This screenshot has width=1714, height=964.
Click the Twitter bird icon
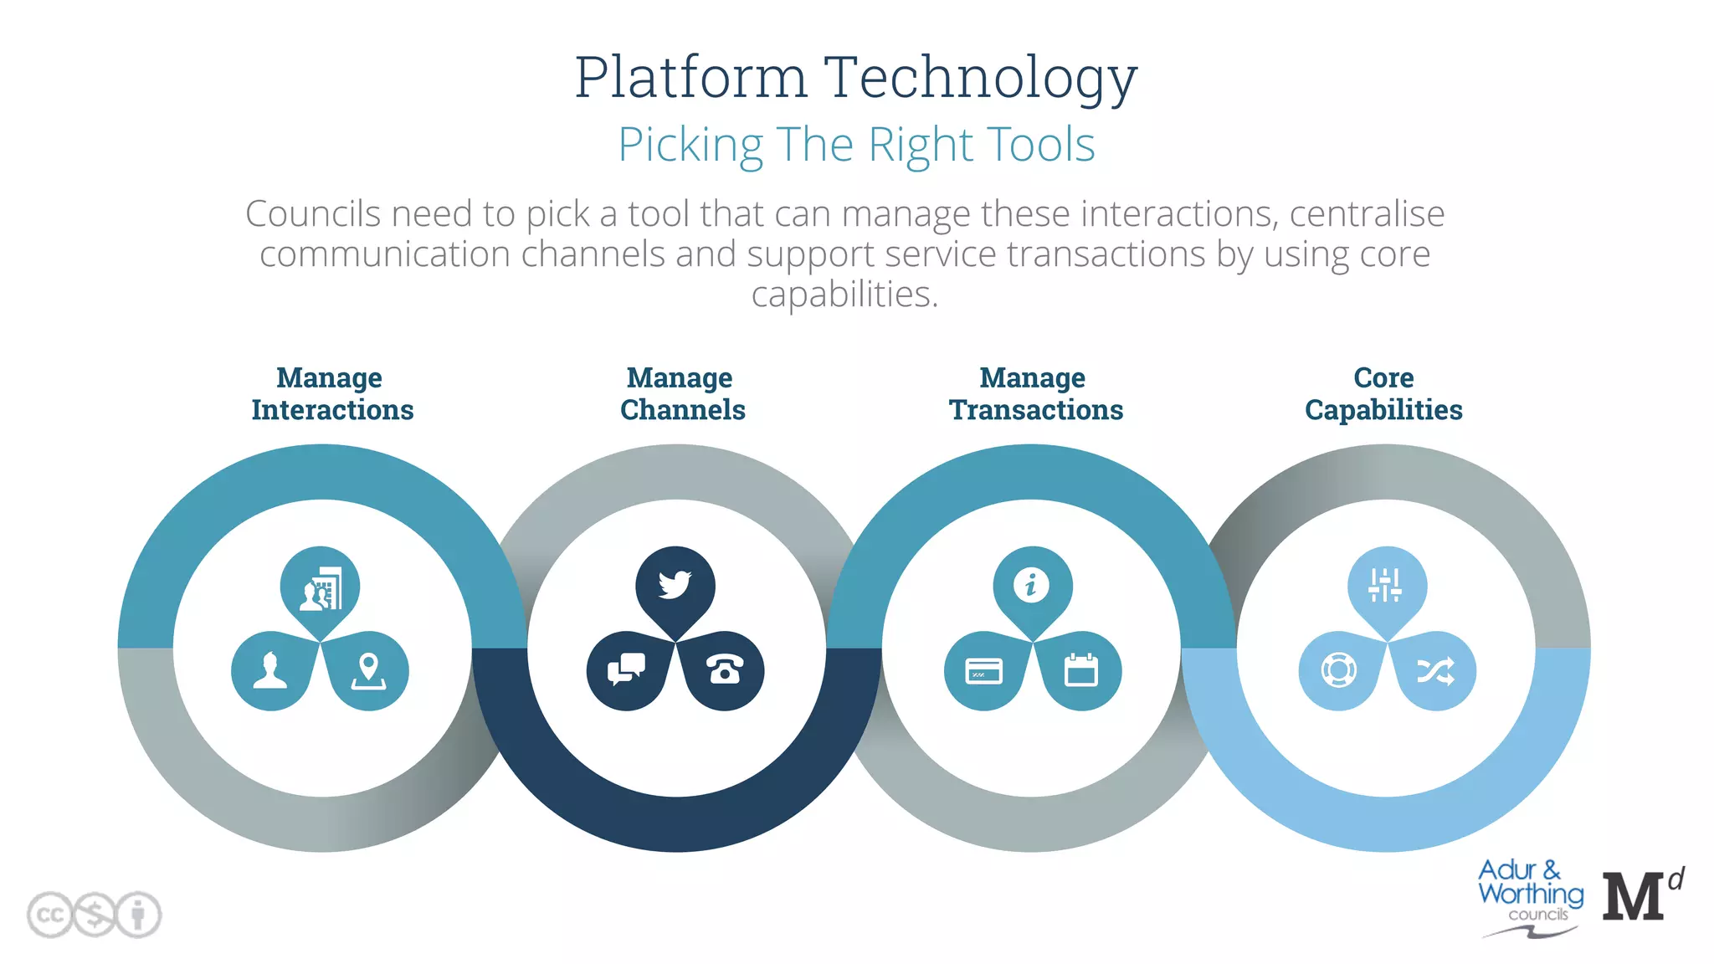tap(675, 584)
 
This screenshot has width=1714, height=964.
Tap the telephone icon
tap(725, 670)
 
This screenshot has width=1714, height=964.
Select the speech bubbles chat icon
tap(626, 669)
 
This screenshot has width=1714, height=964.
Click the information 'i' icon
tap(1031, 584)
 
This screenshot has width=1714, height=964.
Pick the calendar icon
tap(1080, 670)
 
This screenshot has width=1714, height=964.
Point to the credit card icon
tap(983, 671)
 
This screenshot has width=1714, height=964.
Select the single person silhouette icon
tap(270, 670)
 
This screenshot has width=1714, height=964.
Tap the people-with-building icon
tap(321, 588)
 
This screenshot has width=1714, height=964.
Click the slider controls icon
tap(1385, 585)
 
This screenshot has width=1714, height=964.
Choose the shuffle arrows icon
tap(1435, 671)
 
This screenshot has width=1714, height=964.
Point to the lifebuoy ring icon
tap(1338, 670)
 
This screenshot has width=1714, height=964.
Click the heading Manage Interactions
tap(332, 393)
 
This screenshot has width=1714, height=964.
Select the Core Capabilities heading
tap(1383, 393)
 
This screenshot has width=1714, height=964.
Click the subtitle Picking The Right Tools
tap(856, 145)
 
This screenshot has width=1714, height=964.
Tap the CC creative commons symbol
tap(50, 915)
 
